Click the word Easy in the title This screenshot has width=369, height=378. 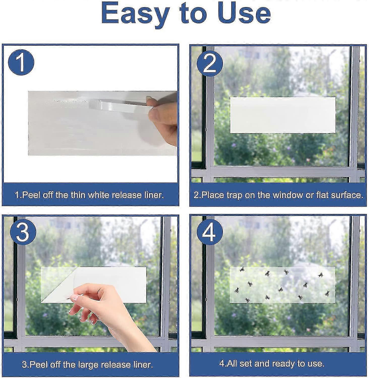[135, 14]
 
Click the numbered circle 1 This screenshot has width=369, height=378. [21, 62]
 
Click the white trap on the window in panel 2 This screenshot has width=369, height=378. [282, 115]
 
